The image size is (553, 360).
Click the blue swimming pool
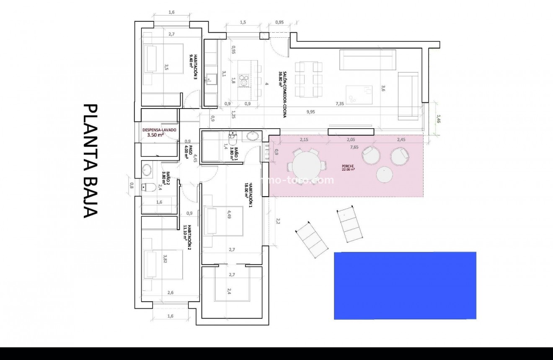click(x=405, y=285)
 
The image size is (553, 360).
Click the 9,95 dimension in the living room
click(x=310, y=111)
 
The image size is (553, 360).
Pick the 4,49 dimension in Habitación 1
click(x=229, y=215)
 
